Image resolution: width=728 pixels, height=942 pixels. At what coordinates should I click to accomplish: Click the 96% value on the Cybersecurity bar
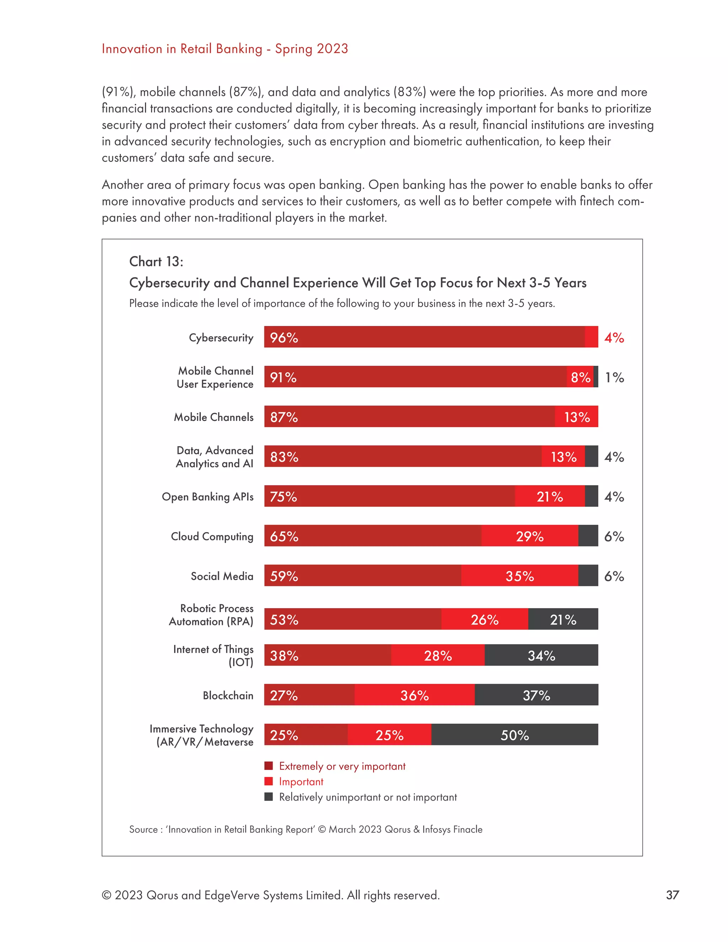coord(284,337)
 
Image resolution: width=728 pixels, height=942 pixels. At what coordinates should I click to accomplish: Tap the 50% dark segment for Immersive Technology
coord(514,735)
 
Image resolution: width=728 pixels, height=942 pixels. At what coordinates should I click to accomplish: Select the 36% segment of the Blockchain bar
coord(414,695)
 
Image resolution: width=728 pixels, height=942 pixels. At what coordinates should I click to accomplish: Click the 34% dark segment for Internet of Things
coord(541,655)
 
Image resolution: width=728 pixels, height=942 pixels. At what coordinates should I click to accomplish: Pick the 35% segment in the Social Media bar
coord(520,576)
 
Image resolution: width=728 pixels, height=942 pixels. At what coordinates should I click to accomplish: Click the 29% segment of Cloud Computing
coord(530,536)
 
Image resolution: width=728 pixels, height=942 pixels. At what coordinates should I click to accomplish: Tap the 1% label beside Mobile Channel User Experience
coord(614,378)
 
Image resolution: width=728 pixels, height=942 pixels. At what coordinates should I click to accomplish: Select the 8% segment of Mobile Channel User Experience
coord(580,378)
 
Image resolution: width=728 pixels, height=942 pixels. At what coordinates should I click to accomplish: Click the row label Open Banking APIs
coord(208,497)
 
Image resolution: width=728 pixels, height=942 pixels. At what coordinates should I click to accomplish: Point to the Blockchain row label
coord(228,695)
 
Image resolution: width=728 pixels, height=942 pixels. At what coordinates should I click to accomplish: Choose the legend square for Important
coord(269,781)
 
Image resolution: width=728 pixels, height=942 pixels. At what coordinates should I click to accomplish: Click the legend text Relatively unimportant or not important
coord(368,797)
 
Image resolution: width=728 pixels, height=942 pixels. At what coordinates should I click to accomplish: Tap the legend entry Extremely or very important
coord(342,766)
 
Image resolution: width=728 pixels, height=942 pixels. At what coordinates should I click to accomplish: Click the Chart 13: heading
coord(156,261)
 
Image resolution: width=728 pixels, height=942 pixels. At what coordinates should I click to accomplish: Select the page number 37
coord(672,895)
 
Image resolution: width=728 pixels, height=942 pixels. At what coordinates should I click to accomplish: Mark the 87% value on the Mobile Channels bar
coord(284,417)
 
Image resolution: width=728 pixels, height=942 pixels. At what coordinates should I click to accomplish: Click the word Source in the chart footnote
coord(143,829)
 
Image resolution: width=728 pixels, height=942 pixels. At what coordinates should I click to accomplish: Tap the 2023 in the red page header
coord(332,49)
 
